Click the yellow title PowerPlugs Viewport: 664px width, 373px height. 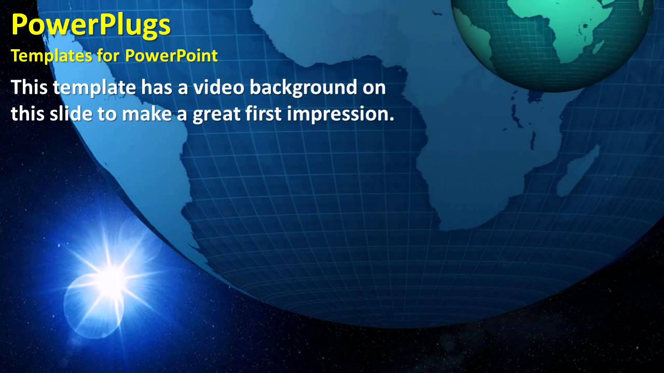click(x=91, y=25)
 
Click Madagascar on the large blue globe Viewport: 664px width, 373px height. click(x=578, y=171)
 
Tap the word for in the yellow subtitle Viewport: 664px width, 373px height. click(x=108, y=56)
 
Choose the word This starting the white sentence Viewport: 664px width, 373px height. click(x=30, y=88)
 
